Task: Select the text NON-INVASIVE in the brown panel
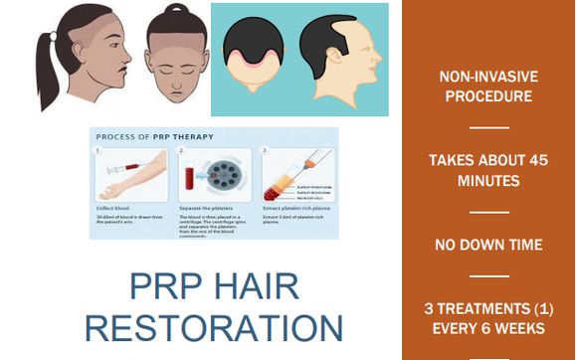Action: [x=488, y=76]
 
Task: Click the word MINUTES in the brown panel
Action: [x=488, y=182]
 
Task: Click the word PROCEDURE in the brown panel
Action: [x=488, y=96]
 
